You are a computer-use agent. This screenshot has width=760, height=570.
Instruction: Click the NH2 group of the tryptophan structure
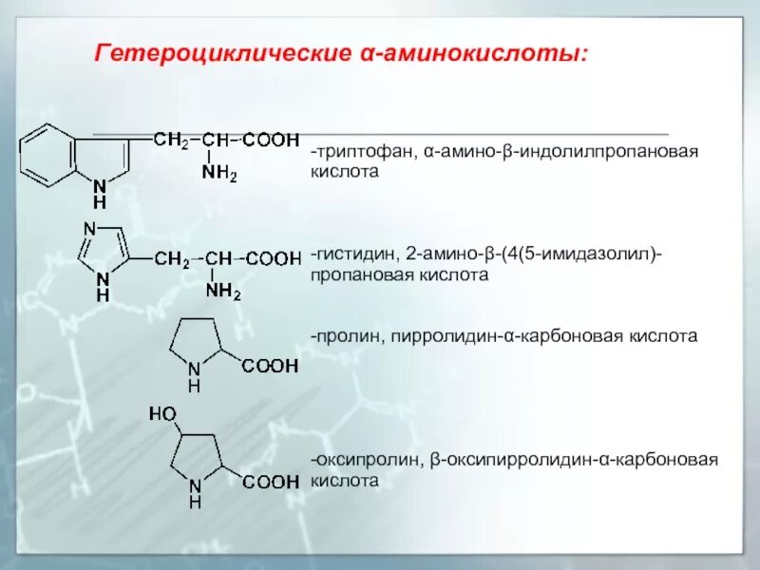click(x=219, y=173)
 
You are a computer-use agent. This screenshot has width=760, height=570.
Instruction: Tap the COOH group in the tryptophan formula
click(x=271, y=140)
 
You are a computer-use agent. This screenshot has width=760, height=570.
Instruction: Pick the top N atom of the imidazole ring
click(x=89, y=228)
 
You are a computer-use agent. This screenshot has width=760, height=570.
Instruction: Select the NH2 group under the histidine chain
click(x=223, y=293)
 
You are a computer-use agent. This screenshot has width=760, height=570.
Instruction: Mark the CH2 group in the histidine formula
click(x=172, y=258)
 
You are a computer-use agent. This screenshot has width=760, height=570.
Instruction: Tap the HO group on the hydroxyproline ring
click(x=162, y=413)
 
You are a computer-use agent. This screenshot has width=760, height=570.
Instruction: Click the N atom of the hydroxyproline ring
click(x=194, y=484)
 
